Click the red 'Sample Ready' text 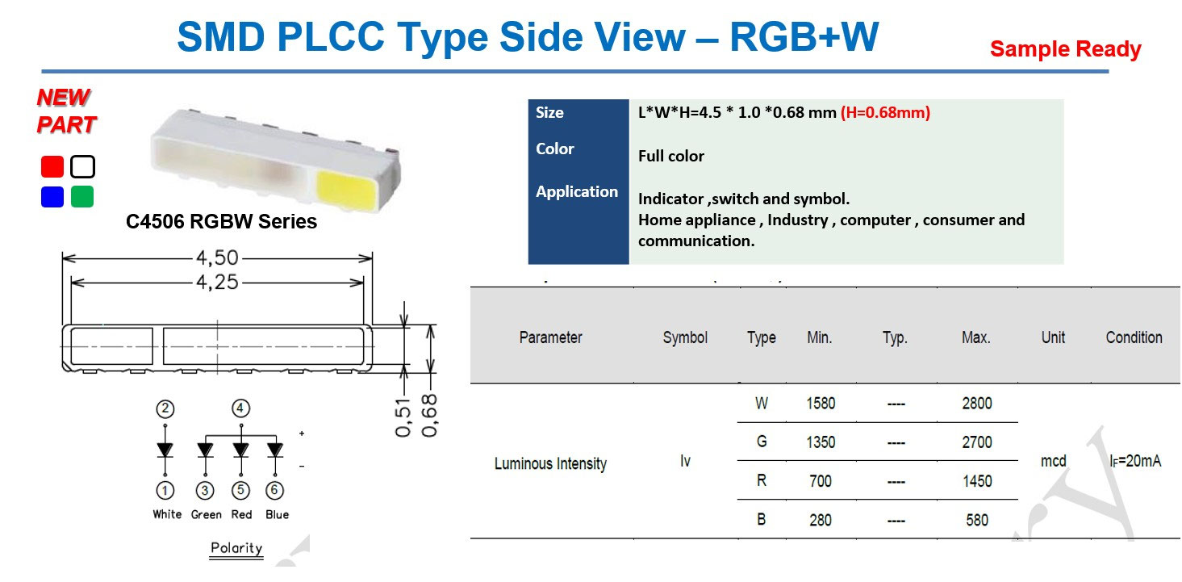[x=1065, y=49]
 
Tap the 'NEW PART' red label [x=65, y=111]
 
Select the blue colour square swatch [x=52, y=196]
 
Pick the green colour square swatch [x=82, y=196]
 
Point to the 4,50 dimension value [x=217, y=258]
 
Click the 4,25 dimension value [x=217, y=282]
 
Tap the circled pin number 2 [x=165, y=408]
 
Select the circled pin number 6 [x=276, y=490]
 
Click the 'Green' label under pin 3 [x=206, y=514]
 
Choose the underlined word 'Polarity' [x=236, y=548]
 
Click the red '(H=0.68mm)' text [x=885, y=113]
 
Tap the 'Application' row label [x=577, y=191]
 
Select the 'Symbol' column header [x=685, y=337]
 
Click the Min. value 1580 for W [x=821, y=404]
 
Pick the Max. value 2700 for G [x=976, y=442]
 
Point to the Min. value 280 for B [x=821, y=520]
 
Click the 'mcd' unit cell [x=1054, y=461]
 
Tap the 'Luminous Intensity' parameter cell [x=550, y=463]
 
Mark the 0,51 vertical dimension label [x=404, y=417]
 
